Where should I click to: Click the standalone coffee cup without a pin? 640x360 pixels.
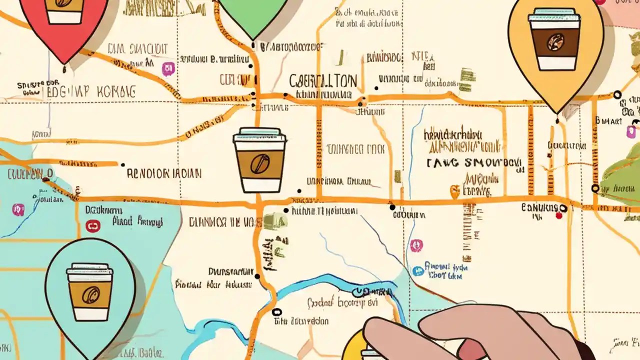tap(259, 160)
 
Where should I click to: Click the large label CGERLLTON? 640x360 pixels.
tap(323, 81)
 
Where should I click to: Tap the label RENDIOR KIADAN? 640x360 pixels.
tap(164, 173)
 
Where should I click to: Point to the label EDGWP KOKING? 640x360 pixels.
tap(90, 91)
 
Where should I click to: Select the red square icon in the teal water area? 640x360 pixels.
tap(93, 226)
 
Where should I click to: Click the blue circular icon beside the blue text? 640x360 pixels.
tap(418, 270)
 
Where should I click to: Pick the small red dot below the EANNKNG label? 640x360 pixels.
tap(559, 215)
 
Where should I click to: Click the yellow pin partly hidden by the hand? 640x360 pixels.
tap(355, 345)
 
